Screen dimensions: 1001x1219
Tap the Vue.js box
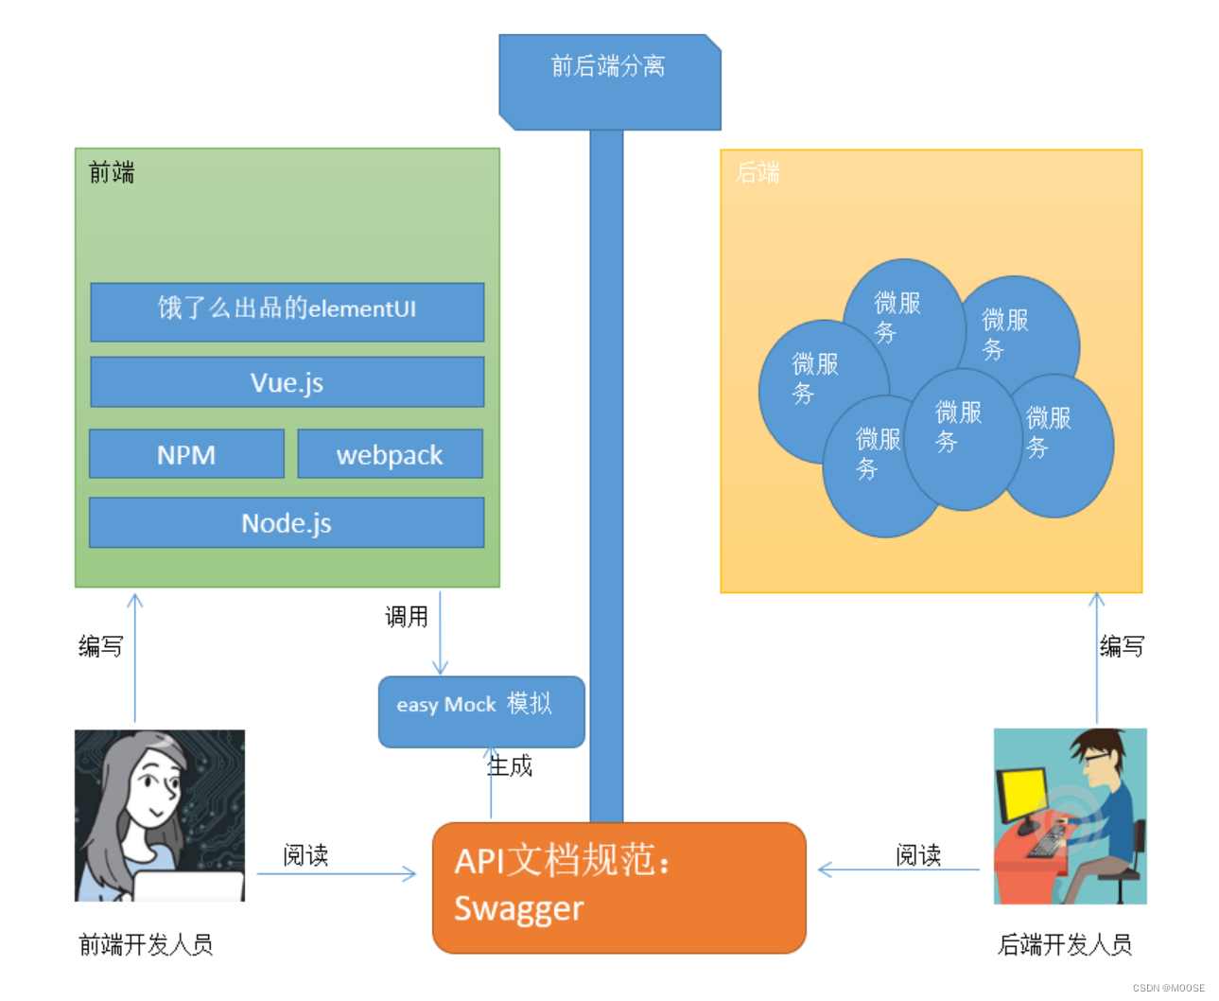pyautogui.click(x=287, y=382)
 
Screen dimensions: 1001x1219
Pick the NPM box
pyautogui.click(x=186, y=454)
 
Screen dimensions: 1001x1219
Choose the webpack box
pyautogui.click(x=390, y=454)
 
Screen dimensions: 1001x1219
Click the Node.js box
pyautogui.click(x=287, y=522)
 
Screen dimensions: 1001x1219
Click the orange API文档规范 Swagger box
pyautogui.click(x=618, y=887)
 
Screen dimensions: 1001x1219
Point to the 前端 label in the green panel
pyautogui.click(x=112, y=172)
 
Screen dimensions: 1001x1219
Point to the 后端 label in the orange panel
pyautogui.click(x=758, y=172)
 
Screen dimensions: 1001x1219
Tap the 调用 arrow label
pyautogui.click(x=407, y=617)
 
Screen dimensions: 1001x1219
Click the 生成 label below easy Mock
pyautogui.click(x=511, y=765)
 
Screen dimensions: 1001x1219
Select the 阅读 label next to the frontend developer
pyautogui.click(x=305, y=855)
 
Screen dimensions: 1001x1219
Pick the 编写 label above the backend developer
pyautogui.click(x=1122, y=646)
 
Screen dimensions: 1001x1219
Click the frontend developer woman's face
pyautogui.click(x=153, y=784)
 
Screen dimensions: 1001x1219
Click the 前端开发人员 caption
pyautogui.click(x=146, y=944)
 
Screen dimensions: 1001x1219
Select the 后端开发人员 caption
pyautogui.click(x=1065, y=944)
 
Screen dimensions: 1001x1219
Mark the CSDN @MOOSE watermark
pyautogui.click(x=1168, y=988)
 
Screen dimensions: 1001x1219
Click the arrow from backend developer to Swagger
pyautogui.click(x=898, y=869)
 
